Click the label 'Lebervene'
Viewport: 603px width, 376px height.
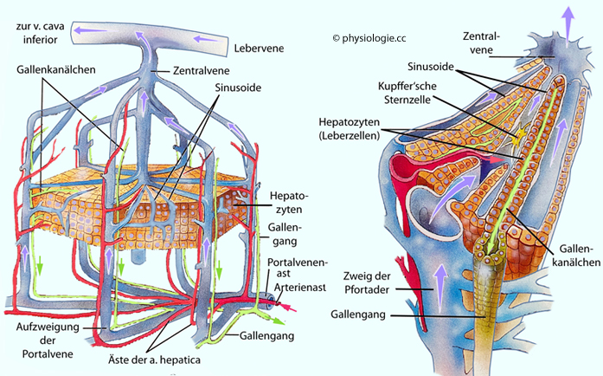(x=260, y=49)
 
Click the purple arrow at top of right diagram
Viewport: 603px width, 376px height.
(x=568, y=14)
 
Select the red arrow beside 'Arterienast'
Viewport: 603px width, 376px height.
(x=298, y=306)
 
